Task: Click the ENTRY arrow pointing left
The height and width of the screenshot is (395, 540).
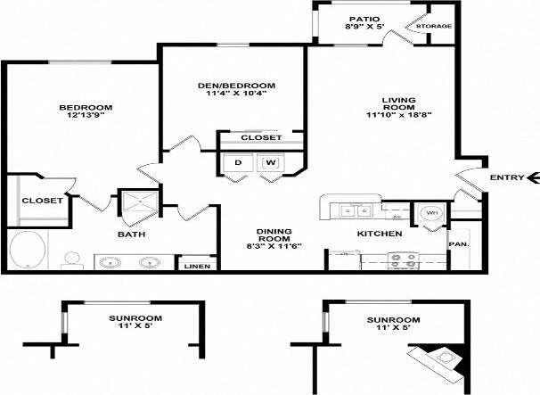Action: (x=531, y=178)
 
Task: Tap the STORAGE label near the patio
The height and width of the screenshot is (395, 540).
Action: (x=434, y=27)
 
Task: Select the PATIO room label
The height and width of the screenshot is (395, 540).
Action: (x=364, y=18)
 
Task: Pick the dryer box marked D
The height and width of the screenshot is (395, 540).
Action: (x=238, y=163)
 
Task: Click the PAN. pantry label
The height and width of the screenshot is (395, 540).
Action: (x=459, y=243)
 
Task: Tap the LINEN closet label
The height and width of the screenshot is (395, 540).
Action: (x=197, y=267)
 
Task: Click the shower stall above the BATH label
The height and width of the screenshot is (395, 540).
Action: (x=140, y=205)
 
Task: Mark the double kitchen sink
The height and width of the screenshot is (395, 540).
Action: (x=353, y=211)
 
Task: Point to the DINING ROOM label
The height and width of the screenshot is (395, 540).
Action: (x=268, y=234)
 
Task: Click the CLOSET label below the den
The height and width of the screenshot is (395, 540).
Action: (x=261, y=138)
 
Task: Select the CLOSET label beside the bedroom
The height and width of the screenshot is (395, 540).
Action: (x=42, y=201)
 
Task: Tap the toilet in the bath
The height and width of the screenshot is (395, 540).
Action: (x=72, y=260)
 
